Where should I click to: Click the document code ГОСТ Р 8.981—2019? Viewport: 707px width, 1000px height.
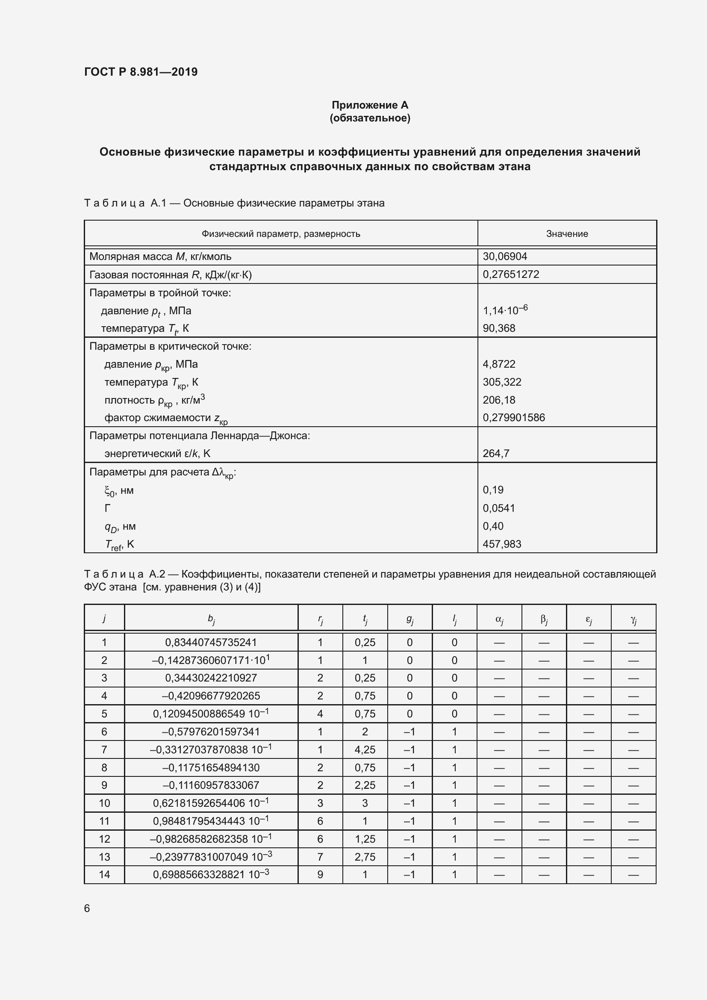[x=141, y=72]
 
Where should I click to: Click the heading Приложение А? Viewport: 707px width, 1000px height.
[x=370, y=105]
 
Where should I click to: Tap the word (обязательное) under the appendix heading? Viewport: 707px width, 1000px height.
[x=370, y=118]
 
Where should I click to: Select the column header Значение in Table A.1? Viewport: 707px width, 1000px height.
[x=567, y=234]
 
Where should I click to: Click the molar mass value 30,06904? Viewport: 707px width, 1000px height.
[x=504, y=257]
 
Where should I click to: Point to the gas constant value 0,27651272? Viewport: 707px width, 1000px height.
[x=511, y=274]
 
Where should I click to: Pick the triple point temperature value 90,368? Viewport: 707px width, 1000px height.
[x=499, y=328]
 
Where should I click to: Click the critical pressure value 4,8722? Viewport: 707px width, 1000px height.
[x=499, y=364]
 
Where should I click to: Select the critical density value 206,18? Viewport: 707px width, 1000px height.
[x=499, y=400]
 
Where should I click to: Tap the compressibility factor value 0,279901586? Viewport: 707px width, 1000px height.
[x=514, y=418]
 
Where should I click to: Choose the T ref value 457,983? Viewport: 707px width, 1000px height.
[x=502, y=544]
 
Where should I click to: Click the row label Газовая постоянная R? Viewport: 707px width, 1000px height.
[x=170, y=275]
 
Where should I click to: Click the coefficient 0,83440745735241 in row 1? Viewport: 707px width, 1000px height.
[x=211, y=643]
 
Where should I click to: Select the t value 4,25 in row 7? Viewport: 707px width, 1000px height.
[x=365, y=750]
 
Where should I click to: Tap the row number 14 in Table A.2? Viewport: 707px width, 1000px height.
[x=104, y=875]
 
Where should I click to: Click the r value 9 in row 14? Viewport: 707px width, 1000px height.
[x=320, y=875]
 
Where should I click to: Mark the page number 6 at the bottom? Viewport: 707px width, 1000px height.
[x=87, y=909]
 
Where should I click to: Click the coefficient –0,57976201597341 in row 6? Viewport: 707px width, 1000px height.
[x=211, y=732]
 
